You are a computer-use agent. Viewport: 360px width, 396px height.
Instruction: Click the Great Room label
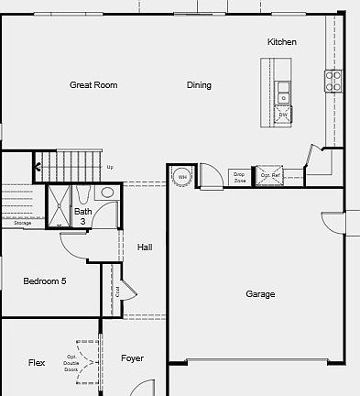coord(93,85)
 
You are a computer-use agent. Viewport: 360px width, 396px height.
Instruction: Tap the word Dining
coord(199,85)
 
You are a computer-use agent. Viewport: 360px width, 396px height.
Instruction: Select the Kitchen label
coord(281,42)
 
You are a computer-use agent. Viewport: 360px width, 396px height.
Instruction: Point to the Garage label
coord(260,294)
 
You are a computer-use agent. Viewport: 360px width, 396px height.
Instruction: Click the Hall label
coord(145,247)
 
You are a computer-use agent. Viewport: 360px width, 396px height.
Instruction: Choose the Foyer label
coord(133,358)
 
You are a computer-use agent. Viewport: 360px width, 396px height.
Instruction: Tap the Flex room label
coord(37,363)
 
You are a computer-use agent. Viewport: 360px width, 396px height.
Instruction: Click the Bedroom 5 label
coord(44,281)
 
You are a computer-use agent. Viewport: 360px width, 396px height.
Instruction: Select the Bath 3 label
coord(82,216)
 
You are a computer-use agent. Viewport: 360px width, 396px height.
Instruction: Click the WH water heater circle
coord(182,176)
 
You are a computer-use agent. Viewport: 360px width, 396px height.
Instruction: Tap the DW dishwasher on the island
coord(283,115)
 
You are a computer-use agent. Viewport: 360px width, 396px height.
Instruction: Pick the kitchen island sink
coord(284,91)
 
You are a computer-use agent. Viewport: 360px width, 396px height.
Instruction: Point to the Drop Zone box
coord(239,176)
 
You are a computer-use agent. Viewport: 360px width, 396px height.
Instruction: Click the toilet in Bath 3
coord(107,193)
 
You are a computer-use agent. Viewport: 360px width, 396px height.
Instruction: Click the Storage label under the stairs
coord(22,223)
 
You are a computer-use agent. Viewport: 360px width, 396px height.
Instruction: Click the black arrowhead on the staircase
coord(38,167)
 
